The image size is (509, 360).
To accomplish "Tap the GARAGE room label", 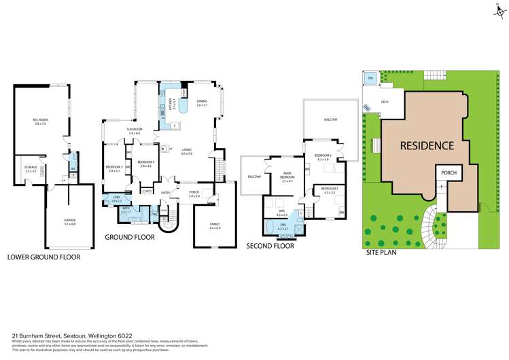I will coord(69,221).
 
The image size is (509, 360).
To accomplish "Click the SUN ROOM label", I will coord(134,131).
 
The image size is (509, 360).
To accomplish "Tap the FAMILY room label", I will coord(215,227).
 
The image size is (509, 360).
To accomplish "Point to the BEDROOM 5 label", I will coord(330,190).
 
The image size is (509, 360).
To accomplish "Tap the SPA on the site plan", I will coord(370,79).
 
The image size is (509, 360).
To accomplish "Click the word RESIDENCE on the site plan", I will coord(426,145).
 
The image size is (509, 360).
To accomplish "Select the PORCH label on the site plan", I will coord(449,173).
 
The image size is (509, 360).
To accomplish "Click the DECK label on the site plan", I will coord(385,102).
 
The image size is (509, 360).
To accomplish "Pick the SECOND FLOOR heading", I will coord(270,246).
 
